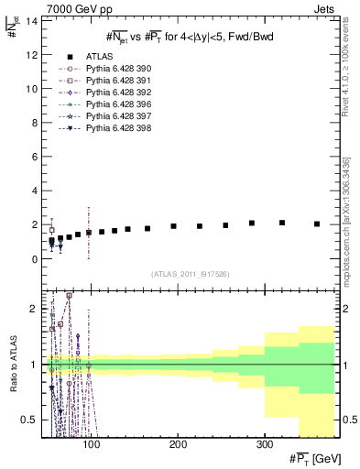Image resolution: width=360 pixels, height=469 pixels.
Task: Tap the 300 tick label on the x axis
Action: point(264,444)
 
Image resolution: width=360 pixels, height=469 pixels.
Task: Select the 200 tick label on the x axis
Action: point(178,444)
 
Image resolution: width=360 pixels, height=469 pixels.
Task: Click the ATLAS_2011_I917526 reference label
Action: point(189,274)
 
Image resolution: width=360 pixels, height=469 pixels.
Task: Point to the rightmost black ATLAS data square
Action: point(317,224)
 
